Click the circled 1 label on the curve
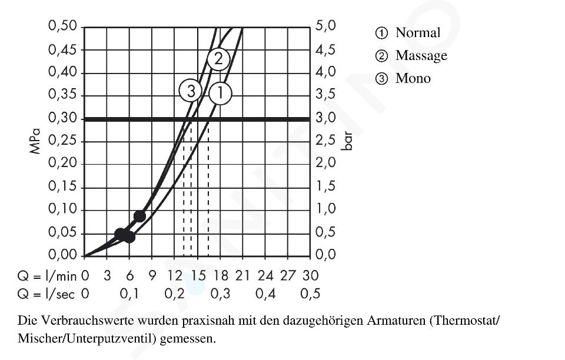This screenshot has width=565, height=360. tap(220, 92)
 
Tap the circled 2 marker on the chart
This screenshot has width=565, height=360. tap(218, 59)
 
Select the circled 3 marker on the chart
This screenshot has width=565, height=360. tap(191, 91)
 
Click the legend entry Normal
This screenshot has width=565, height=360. tap(417, 33)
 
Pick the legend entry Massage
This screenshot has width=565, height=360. tap(421, 56)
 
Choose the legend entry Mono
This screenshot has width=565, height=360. tap(413, 78)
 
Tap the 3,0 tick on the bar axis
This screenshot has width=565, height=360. tap(325, 119)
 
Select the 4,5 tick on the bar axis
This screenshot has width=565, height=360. tap(325, 50)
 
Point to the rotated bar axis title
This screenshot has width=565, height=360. tap(348, 142)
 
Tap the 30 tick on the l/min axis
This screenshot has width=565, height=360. tap(310, 276)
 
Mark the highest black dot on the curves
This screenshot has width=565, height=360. tap(139, 216)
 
